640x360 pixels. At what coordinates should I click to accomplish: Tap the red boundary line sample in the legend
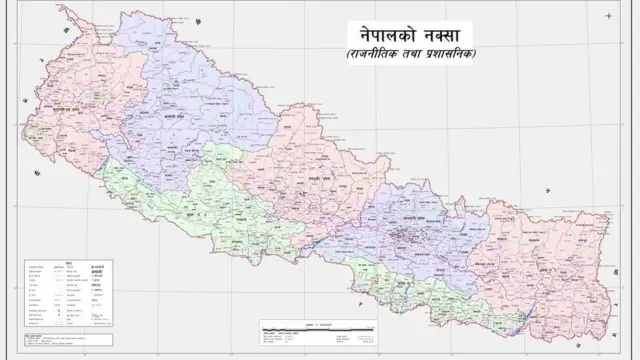41,271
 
